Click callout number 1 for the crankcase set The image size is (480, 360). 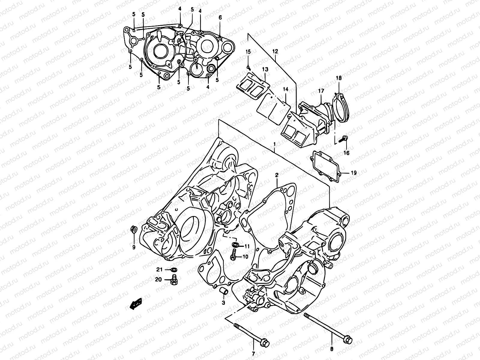pos(274,145)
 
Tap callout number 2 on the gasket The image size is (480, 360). pos(277,175)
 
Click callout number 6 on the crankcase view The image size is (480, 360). pos(220,18)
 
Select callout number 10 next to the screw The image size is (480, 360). pos(245,256)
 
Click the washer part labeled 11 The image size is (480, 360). pos(235,245)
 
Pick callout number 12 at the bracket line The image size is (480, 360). pos(275,52)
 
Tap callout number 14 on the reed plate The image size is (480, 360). pos(285,89)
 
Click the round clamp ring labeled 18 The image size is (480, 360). pos(341,102)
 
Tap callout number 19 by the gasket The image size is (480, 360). pos(353,172)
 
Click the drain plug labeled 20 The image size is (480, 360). pos(173,281)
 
